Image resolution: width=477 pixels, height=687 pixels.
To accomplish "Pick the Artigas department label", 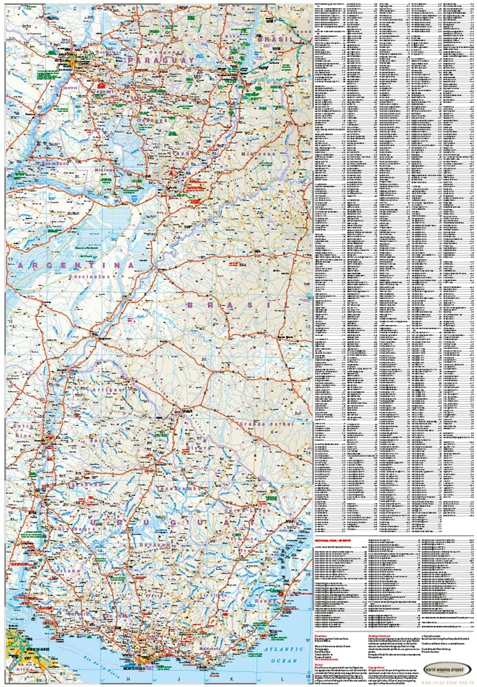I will [x=109, y=390].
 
